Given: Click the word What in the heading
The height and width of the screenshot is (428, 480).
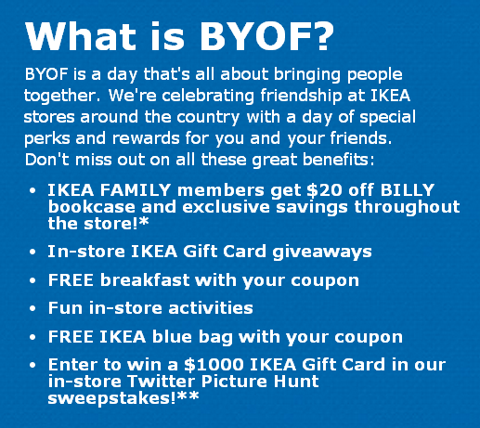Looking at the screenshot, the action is [81, 36].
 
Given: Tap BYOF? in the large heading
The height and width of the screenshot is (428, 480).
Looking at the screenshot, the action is [266, 36].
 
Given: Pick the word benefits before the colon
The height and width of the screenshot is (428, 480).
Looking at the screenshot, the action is [335, 160].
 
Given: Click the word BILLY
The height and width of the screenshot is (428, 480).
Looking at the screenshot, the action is [408, 189].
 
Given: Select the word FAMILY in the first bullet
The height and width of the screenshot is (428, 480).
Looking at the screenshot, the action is [136, 189].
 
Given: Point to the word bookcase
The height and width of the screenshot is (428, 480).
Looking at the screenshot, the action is [92, 207].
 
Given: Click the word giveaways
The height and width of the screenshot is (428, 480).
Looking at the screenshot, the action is [322, 252].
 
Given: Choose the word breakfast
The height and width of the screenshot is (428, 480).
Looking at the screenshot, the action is [145, 280].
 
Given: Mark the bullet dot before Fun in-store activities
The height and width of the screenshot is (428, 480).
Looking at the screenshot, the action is [32, 309].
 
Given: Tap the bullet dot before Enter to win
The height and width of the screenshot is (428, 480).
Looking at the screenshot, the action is [32, 365].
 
